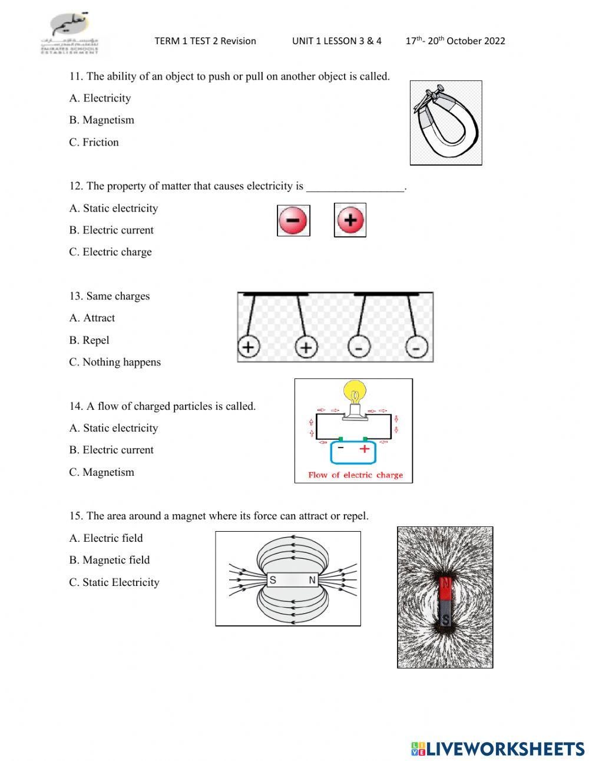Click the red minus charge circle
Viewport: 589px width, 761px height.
[293, 220]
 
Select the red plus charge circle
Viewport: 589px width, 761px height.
[350, 220]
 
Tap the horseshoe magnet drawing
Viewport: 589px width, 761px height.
[445, 123]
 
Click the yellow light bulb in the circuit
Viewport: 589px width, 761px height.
[355, 393]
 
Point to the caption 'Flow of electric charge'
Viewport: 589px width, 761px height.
[355, 475]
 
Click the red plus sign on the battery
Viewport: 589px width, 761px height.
[365, 449]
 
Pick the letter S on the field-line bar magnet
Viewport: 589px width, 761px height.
[273, 580]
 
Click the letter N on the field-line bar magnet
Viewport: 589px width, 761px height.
[312, 580]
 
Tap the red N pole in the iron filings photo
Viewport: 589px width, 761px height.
[445, 585]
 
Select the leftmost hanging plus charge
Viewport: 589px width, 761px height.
[249, 347]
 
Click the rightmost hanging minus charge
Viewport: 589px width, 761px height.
[416, 348]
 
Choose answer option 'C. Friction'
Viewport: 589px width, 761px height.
[94, 142]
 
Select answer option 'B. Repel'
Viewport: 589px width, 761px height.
[89, 340]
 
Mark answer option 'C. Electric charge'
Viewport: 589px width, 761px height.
[110, 252]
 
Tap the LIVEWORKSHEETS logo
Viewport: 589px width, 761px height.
[498, 749]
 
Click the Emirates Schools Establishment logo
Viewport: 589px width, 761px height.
[71, 35]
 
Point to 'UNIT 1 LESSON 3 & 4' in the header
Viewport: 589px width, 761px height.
[336, 41]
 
